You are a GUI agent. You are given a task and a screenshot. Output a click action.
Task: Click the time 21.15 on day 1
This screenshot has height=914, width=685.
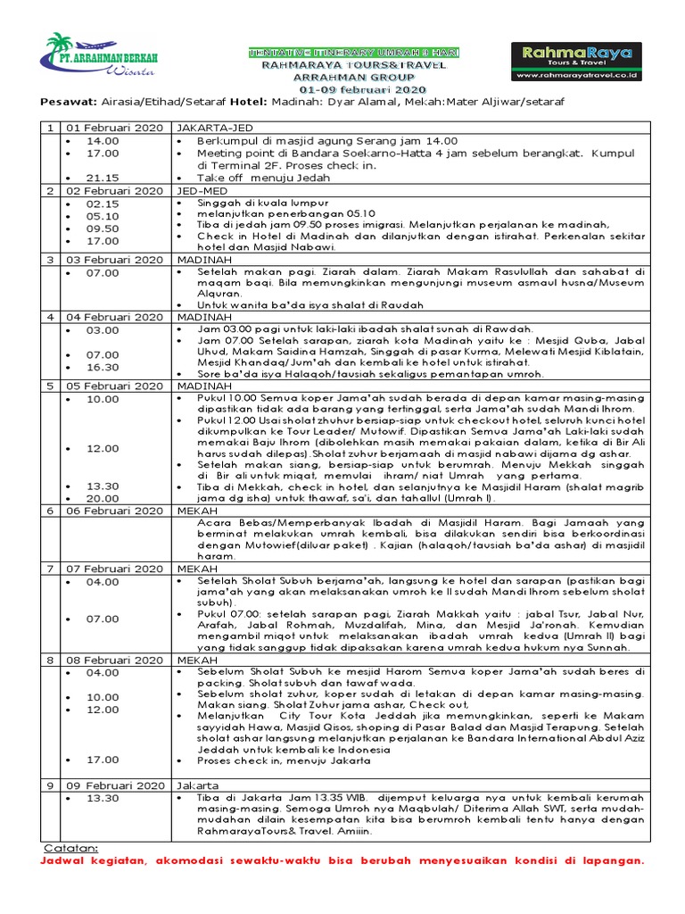(x=103, y=178)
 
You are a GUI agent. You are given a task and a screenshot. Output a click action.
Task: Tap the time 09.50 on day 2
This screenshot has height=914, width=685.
(x=103, y=228)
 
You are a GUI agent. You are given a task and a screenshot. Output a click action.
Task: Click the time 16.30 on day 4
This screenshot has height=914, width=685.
(x=103, y=367)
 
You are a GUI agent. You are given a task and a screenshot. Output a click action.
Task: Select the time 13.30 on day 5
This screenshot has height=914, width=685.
(x=103, y=486)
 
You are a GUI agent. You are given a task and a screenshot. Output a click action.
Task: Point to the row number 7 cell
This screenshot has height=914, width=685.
(x=51, y=568)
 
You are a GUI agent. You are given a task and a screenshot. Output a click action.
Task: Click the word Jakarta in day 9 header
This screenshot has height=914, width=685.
(x=199, y=785)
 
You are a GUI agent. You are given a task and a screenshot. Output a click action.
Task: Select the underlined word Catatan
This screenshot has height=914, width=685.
(x=71, y=847)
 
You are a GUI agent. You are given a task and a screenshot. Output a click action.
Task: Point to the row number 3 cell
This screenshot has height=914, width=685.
(x=51, y=258)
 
